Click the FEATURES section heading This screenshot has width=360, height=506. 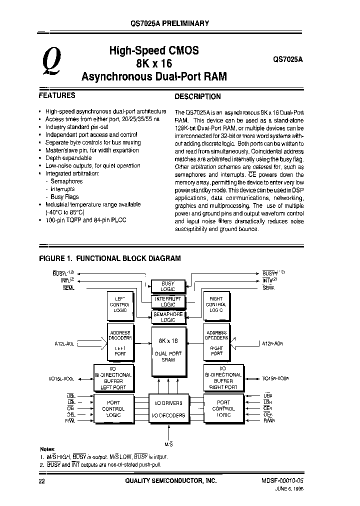tap(57, 95)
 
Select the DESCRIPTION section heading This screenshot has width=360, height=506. tap(197, 96)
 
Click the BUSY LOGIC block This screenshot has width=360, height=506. tap(168, 286)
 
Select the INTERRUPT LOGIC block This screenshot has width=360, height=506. tap(168, 301)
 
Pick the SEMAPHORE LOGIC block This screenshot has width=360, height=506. tap(168, 316)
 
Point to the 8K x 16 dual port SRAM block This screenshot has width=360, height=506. tap(168, 350)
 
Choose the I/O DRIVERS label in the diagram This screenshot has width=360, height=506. tap(168, 403)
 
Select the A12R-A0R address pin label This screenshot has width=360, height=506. tap(275, 343)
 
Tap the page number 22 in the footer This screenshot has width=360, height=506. tap(41, 480)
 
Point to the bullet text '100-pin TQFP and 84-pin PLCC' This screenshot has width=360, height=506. tap(86, 220)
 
